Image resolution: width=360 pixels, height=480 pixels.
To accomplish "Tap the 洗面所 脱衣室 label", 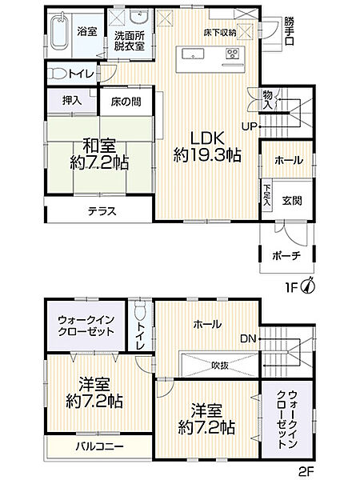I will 129,40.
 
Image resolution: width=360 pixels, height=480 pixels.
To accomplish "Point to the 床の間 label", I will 125,102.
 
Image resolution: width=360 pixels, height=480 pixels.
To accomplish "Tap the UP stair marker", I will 250,126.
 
